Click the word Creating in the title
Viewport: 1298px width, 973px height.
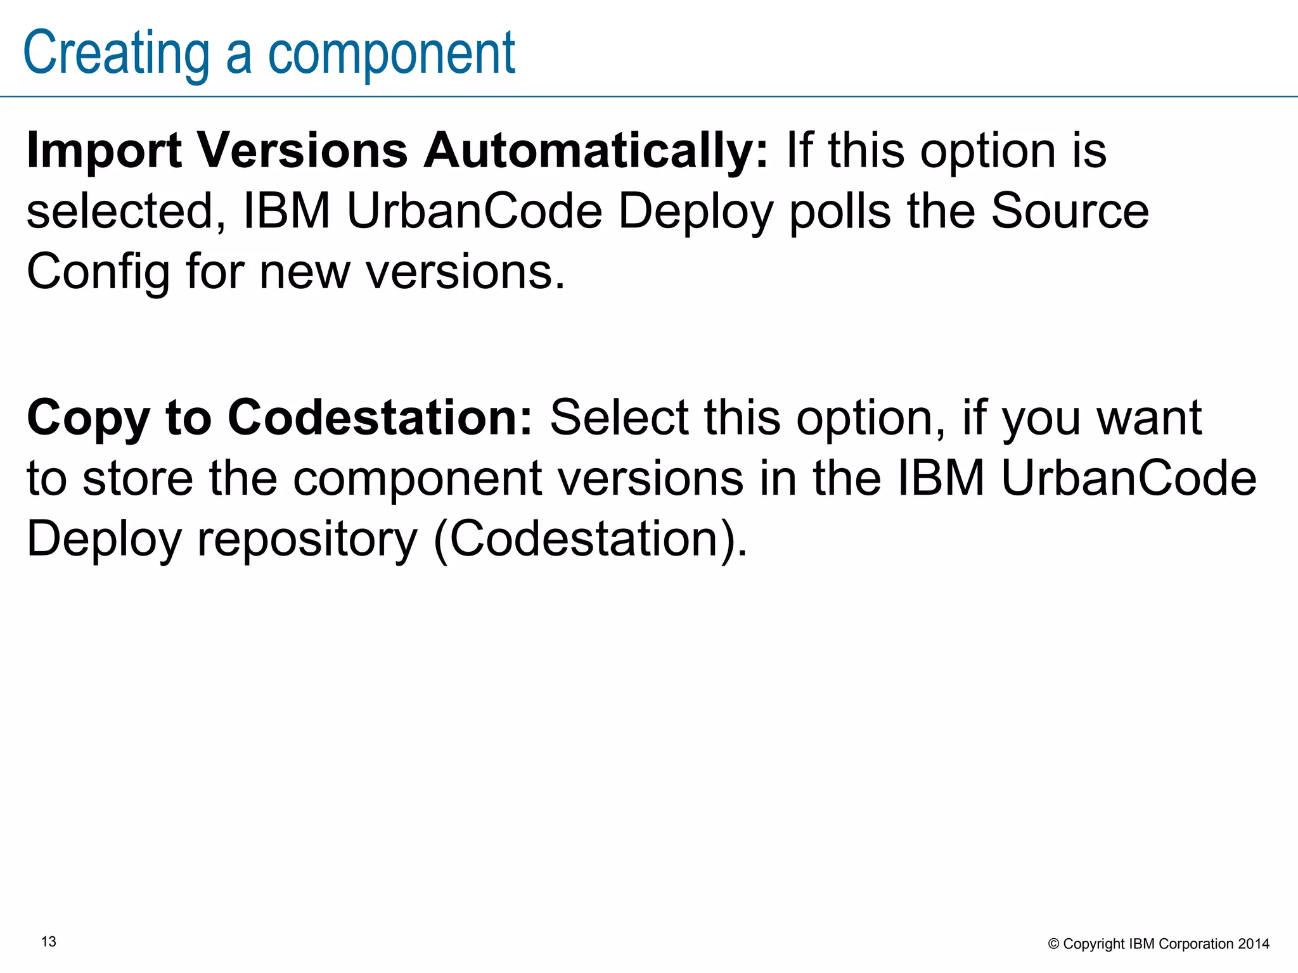(116, 53)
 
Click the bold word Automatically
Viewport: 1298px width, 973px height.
(596, 151)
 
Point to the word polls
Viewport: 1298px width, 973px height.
(840, 212)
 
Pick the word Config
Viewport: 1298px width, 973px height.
(98, 272)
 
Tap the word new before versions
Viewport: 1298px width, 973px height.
(304, 272)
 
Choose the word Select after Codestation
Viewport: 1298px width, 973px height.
(619, 418)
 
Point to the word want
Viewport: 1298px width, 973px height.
(1149, 418)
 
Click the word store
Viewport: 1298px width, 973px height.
(138, 478)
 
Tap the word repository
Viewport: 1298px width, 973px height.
(307, 539)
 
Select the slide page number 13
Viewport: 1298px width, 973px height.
(49, 942)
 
